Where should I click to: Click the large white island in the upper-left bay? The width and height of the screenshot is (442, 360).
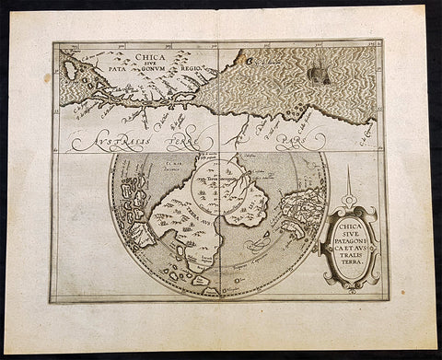(x=69, y=70)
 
